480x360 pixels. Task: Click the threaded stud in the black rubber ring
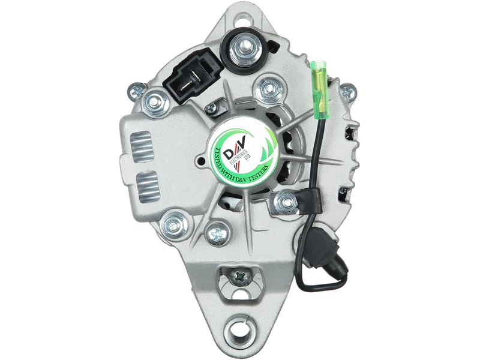[244, 49]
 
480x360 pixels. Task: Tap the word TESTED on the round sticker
[221, 161]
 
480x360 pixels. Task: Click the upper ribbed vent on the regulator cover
[141, 144]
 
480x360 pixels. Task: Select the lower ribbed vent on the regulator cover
[148, 187]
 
